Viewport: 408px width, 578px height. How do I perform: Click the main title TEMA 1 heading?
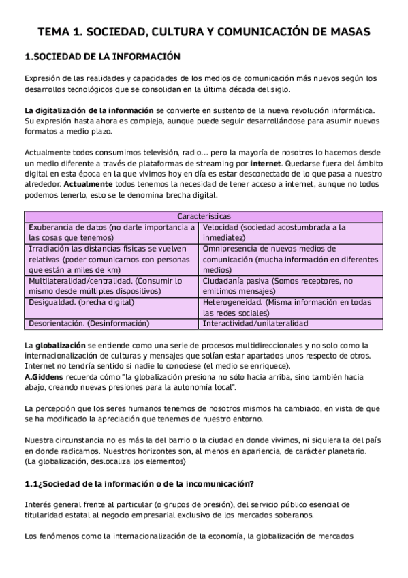coord(204,31)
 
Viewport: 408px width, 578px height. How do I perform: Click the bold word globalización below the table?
coord(60,345)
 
